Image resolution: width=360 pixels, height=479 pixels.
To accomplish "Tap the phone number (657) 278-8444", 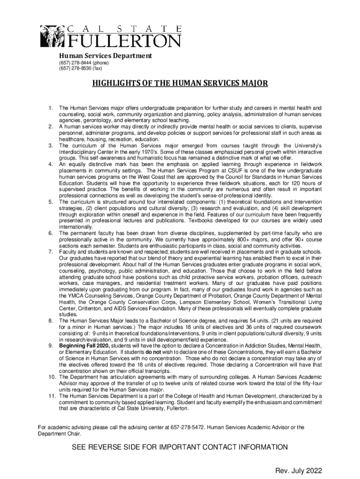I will tap(75, 63).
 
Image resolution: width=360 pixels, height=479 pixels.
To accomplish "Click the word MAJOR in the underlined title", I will tap(239, 84).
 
